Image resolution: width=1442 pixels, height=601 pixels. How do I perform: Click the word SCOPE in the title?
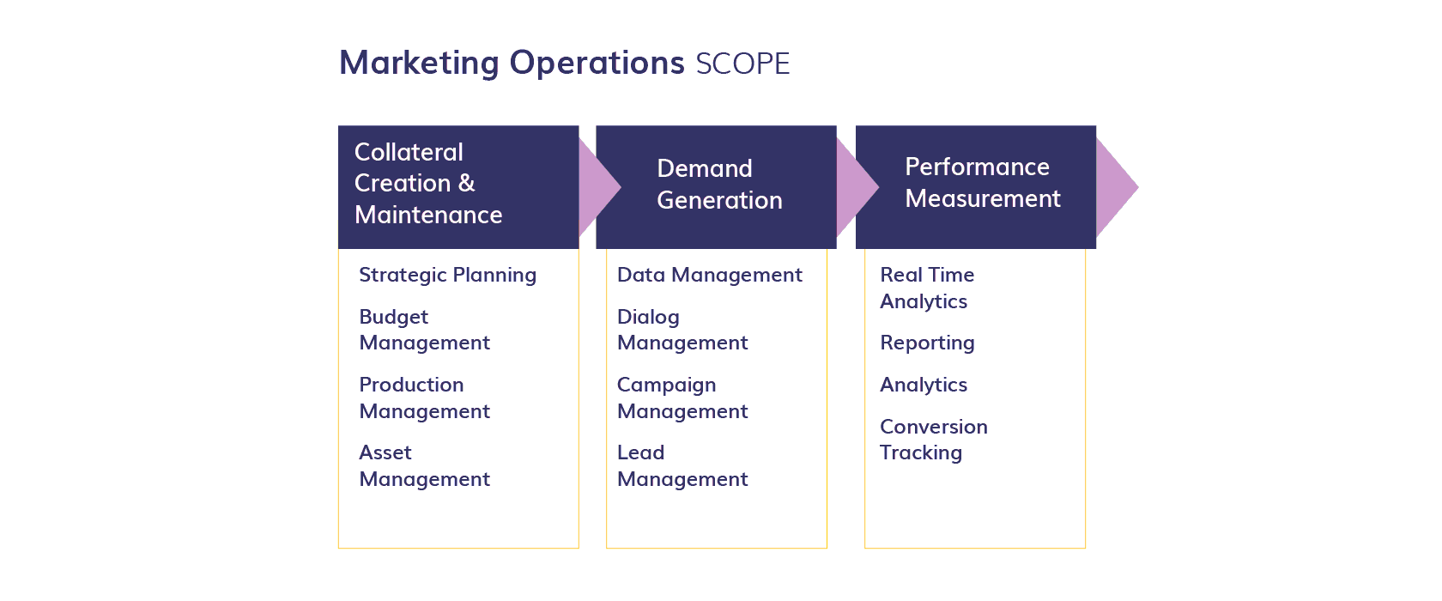[742, 64]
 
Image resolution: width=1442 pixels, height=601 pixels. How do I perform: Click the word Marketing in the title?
[419, 64]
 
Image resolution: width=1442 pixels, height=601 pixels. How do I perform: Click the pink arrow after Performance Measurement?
[1117, 187]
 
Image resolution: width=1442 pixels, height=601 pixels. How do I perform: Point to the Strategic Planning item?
[447, 275]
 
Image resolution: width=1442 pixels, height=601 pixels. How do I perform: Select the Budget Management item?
[424, 330]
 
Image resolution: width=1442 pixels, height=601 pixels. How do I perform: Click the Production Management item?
[424, 398]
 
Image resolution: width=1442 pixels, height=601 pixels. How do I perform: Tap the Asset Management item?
[424, 465]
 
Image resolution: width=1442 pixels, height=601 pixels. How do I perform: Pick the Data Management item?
[709, 275]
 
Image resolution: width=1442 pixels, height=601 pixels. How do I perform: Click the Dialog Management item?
[682, 330]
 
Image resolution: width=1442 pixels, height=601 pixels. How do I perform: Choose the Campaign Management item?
[682, 398]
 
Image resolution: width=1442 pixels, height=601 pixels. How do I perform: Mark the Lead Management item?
[682, 465]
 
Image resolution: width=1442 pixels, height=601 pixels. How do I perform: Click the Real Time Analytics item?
[927, 288]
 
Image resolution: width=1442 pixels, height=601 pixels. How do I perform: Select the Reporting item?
[927, 343]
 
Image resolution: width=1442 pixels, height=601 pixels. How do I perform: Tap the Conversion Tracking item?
[933, 440]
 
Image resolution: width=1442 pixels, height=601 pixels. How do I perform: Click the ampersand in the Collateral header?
[466, 184]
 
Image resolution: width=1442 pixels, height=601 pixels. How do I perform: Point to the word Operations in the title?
[597, 64]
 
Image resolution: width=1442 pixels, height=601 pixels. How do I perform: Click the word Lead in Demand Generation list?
[640, 452]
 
